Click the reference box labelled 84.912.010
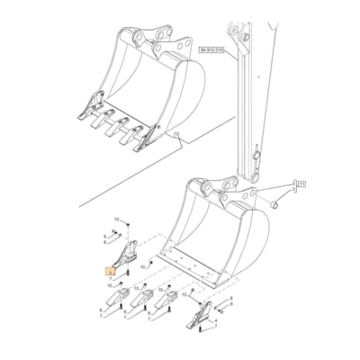coord(213,51)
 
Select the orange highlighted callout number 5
coord(110,269)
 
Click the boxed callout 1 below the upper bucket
coord(177,135)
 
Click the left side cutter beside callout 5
coord(125,251)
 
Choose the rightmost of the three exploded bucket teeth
coord(166,307)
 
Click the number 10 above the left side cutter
coord(116,220)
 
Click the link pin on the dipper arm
coord(255,159)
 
